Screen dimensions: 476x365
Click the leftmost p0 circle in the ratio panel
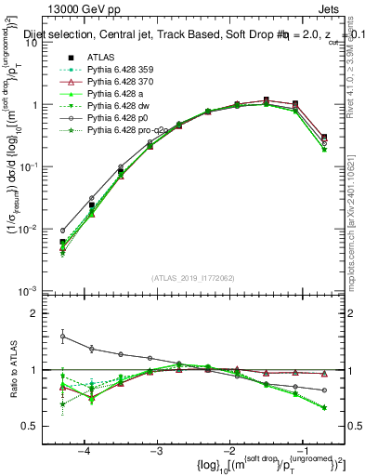pos(62,337)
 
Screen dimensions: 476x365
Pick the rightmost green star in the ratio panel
pos(324,407)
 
